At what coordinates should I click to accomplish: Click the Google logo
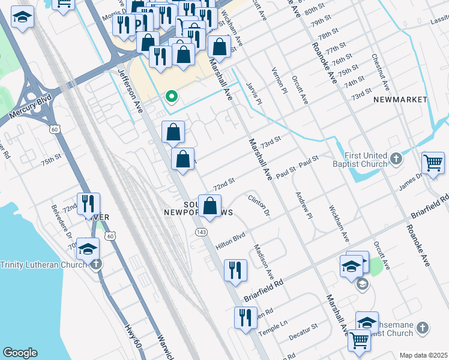tap(20, 353)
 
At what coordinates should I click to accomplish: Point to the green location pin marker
tap(171, 97)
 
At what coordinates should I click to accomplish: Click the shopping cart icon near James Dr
tap(433, 163)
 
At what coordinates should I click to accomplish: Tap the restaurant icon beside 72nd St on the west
tap(88, 205)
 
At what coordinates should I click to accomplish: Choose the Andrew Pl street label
tap(303, 205)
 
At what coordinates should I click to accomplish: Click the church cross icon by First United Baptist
tap(396, 159)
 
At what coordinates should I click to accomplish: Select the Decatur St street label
tap(306, 331)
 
